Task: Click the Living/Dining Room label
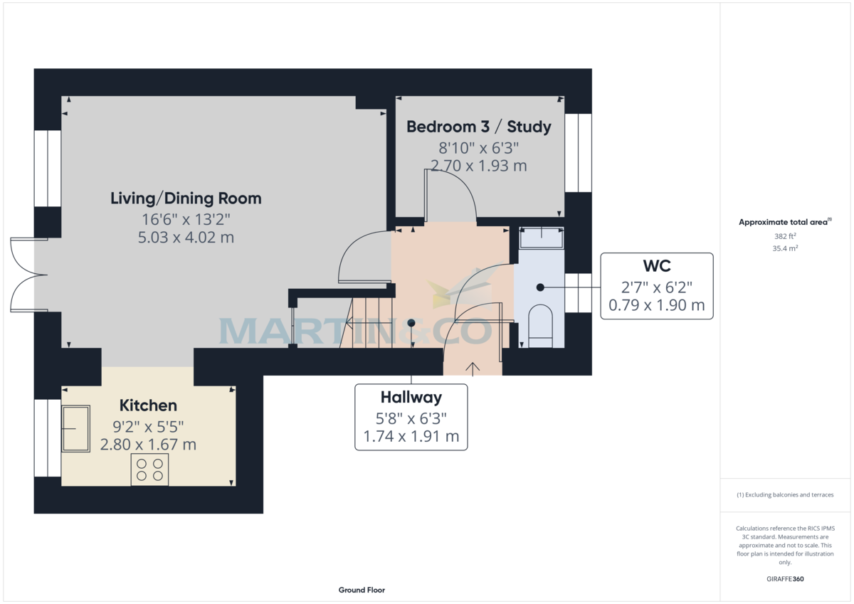[x=186, y=198]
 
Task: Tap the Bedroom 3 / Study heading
[x=478, y=127]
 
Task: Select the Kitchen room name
[x=148, y=406]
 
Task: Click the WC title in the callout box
[x=656, y=265]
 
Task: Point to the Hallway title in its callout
[x=411, y=397]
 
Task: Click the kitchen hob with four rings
[x=149, y=470]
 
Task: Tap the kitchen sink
[x=76, y=428]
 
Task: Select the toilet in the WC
[x=540, y=327]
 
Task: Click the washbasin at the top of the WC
[x=542, y=236]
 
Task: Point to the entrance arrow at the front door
[x=473, y=367]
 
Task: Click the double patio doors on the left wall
[x=23, y=274]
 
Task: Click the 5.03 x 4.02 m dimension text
[x=186, y=238]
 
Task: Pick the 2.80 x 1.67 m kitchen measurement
[x=148, y=445]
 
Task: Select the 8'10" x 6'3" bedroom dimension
[x=478, y=148]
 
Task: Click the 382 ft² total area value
[x=784, y=235]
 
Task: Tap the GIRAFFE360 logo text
[x=784, y=579]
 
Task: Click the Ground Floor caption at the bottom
[x=362, y=590]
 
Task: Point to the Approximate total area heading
[x=784, y=222]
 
